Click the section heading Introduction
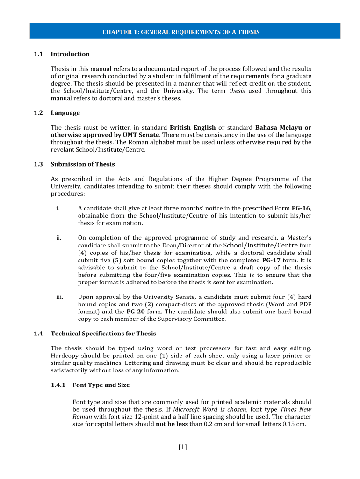[70, 54]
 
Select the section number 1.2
[38, 113]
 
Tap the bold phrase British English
[193, 127]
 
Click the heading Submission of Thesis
[83, 164]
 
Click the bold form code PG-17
[271, 260]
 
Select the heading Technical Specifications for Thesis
[103, 334]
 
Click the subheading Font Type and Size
[101, 385]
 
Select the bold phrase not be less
[172, 424]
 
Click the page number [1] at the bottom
[182, 447]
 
